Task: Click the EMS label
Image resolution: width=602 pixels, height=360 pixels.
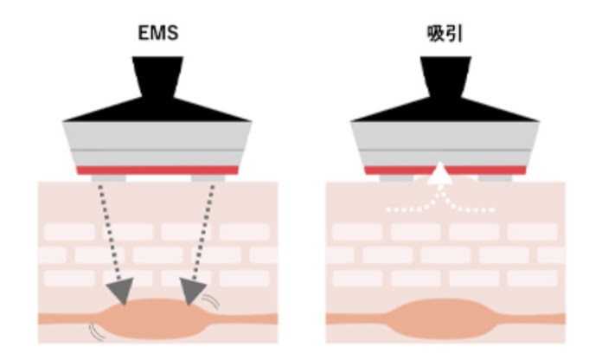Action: tap(158, 33)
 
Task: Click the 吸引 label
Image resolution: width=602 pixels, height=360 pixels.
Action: tap(445, 34)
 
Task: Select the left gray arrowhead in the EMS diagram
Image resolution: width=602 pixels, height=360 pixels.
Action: tap(120, 291)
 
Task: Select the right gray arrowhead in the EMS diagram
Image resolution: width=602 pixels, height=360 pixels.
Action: tap(191, 291)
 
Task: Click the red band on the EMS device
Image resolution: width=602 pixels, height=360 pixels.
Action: tap(157, 170)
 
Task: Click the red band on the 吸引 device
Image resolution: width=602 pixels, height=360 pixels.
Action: tap(445, 170)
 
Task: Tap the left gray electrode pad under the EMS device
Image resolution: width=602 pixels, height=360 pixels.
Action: tap(109, 178)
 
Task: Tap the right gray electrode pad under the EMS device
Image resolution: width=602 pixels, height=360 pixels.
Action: tap(208, 178)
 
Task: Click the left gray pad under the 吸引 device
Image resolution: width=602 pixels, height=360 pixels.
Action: tap(397, 178)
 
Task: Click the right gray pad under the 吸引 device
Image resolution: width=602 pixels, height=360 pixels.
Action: tap(496, 178)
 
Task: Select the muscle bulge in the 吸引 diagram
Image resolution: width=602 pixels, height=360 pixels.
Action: tap(445, 318)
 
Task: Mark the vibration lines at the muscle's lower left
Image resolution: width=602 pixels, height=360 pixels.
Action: tap(98, 332)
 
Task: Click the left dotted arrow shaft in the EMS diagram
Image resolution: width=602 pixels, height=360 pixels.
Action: tap(110, 232)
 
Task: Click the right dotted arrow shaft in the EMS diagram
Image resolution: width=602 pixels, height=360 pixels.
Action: tap(203, 232)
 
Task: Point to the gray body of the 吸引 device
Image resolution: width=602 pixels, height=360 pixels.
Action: tap(445, 144)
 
